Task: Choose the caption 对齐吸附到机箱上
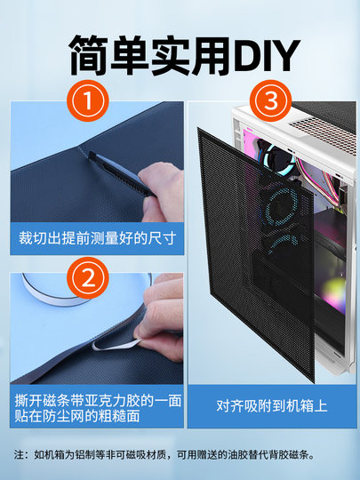[271, 405]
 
